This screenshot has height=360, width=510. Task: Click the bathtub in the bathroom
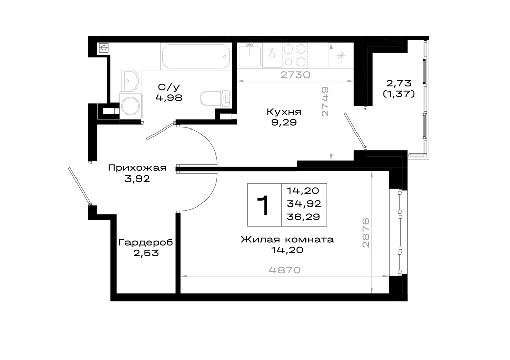coord(196,56)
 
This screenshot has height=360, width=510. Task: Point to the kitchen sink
coord(249,56)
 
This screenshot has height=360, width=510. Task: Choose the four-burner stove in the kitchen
coord(295,55)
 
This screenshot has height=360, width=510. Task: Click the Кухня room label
coord(284,112)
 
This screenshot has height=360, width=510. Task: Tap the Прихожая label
coord(137,168)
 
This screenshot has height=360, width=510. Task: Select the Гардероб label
coord(145,243)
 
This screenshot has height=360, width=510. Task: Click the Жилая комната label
coord(287,240)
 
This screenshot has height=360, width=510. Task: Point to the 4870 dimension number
coord(285,270)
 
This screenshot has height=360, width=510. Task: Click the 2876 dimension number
coord(366,233)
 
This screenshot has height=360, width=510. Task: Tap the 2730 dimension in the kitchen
coord(295,75)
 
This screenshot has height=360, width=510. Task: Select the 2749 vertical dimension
coord(325,101)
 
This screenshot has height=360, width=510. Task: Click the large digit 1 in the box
coord(263,205)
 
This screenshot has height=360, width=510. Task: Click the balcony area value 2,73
coord(399,83)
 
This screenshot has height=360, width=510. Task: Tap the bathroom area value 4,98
coord(168,97)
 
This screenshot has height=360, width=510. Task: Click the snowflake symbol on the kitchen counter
coord(341,56)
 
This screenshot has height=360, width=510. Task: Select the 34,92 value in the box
coord(304,203)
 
